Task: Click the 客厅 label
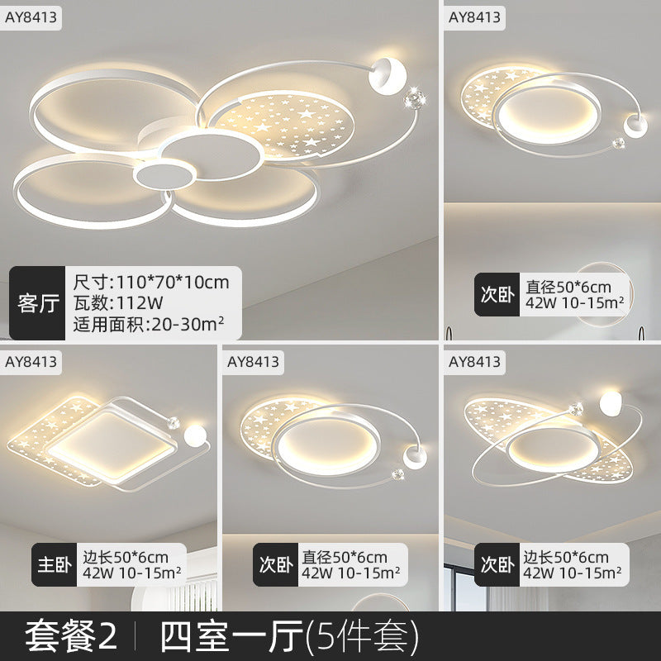coord(37,303)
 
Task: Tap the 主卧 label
coord(53,563)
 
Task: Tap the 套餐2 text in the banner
coord(70,635)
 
